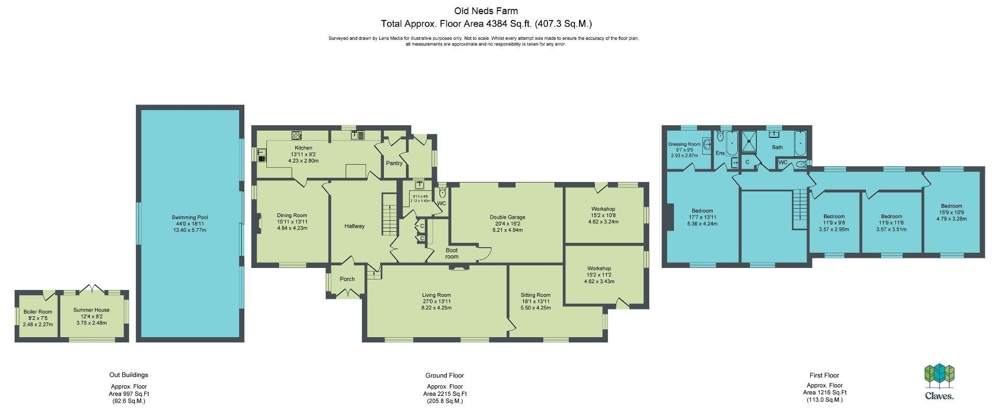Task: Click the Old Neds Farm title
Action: click(486, 11)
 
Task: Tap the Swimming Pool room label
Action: click(190, 218)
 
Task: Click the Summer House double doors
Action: click(92, 288)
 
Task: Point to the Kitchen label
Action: click(303, 148)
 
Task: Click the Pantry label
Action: click(394, 164)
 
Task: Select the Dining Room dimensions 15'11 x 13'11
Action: click(292, 222)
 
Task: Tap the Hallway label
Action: click(355, 227)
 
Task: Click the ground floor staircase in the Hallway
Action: click(389, 215)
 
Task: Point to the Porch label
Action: click(347, 279)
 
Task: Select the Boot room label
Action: click(452, 254)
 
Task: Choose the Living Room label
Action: click(436, 295)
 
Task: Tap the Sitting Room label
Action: click(535, 295)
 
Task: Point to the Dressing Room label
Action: click(684, 144)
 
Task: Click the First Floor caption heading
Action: click(824, 375)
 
